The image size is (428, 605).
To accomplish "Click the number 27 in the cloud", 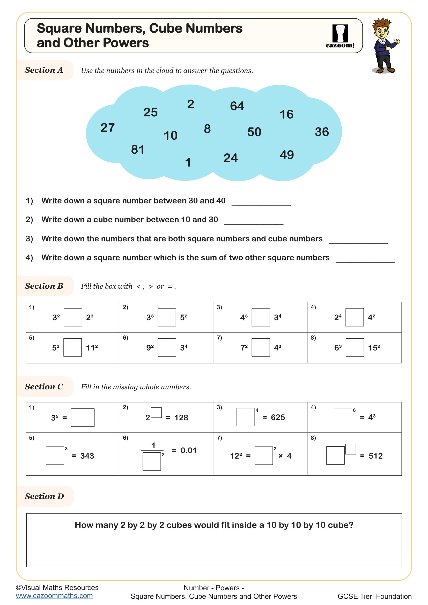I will click(108, 128).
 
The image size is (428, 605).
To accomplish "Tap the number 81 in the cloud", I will click(138, 150).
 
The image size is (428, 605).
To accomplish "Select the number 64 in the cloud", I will click(237, 106).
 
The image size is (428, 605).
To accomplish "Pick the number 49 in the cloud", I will click(287, 155).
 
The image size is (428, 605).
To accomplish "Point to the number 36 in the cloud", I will click(322, 132).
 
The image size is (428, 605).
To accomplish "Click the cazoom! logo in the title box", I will click(340, 36).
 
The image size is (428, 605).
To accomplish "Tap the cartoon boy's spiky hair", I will click(382, 23).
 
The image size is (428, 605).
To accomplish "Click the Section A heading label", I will click(44, 70).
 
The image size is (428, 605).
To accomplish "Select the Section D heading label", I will click(44, 496).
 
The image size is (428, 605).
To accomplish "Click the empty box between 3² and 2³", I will click(73, 317).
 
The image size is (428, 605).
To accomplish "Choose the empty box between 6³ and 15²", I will click(355, 347).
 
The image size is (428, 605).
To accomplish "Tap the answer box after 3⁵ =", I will click(83, 417).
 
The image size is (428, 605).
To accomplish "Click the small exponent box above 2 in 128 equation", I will click(156, 412).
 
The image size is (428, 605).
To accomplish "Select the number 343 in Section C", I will click(87, 456).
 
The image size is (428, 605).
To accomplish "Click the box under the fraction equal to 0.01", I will click(152, 461).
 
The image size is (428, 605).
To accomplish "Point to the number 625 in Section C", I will click(278, 417).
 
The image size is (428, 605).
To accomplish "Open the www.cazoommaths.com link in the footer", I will click(54, 596).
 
